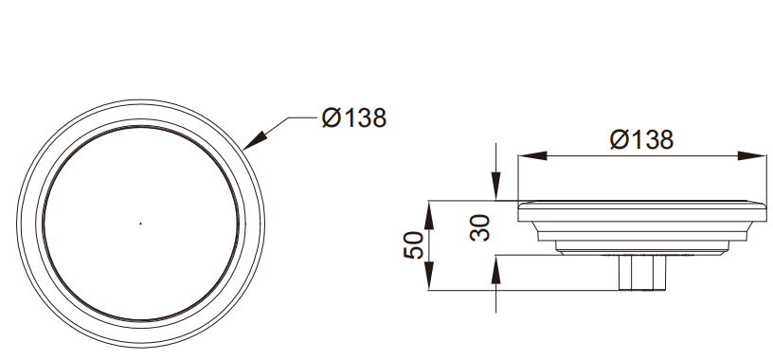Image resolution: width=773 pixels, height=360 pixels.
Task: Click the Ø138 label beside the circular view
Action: [354, 118]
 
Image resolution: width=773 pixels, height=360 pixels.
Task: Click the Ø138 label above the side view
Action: [641, 140]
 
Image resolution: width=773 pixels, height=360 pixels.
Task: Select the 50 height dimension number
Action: [413, 245]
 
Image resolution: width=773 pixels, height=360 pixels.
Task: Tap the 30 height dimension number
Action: [479, 227]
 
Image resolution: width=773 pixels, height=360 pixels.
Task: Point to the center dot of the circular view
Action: [140, 224]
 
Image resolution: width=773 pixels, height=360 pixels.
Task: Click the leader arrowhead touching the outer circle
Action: [255, 141]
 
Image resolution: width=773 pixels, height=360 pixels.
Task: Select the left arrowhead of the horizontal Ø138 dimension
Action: [533, 155]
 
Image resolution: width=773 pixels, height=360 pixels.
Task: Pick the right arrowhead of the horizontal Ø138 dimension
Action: [752, 155]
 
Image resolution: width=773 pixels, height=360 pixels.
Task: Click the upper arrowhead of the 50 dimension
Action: [429, 215]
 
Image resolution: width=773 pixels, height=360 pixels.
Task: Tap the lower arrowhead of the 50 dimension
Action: [429, 276]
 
